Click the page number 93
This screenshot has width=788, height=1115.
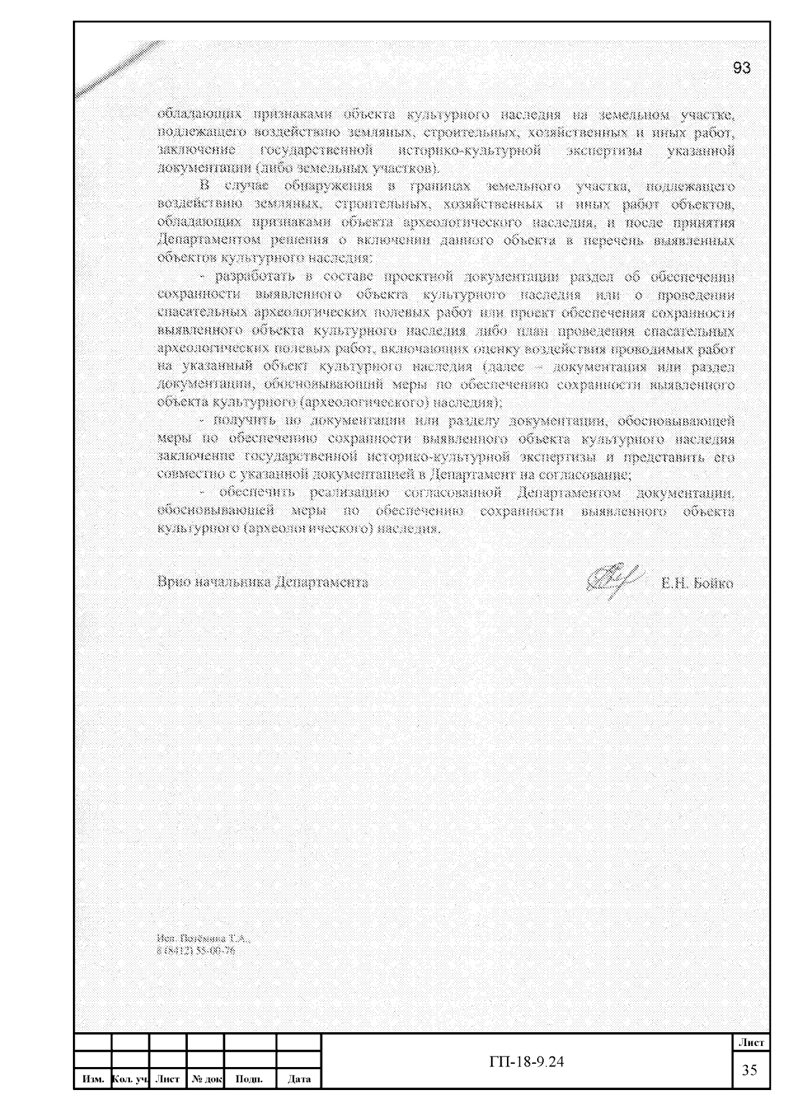point(741,68)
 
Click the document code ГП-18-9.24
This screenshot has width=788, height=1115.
point(527,1062)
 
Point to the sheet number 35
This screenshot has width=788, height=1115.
point(749,1070)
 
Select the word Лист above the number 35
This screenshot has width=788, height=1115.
point(751,1042)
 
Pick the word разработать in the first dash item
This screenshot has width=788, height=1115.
point(252,276)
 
